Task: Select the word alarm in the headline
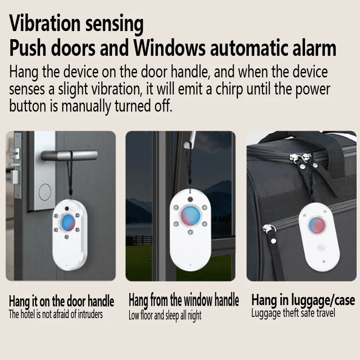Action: pyautogui.click(x=310, y=48)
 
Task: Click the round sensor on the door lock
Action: pyautogui.click(x=45, y=192)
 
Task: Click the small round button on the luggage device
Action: pyautogui.click(x=321, y=247)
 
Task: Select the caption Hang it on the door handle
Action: pyautogui.click(x=62, y=301)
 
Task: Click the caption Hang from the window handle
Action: pyautogui.click(x=184, y=300)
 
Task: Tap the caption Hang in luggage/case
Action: pyautogui.click(x=303, y=300)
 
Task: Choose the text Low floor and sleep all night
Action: pyautogui.click(x=165, y=315)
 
